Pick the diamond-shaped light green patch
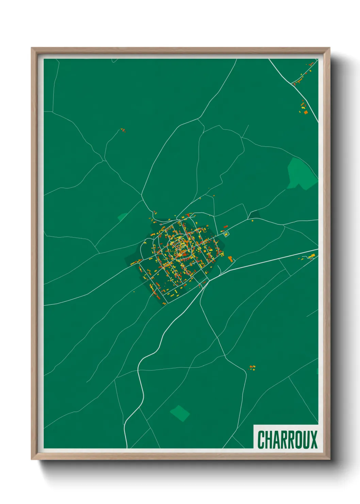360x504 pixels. pos(180,413)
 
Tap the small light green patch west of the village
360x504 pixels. pos(122,217)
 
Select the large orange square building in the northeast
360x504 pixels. pos(306,112)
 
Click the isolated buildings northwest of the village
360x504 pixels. pos(122,130)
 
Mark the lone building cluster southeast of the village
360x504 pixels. pos(252,367)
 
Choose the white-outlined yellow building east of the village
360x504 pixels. pos(226,234)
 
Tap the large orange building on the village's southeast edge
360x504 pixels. pos(231,259)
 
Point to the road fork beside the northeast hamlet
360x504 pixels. pos(293,83)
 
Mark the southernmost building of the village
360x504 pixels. pos(165,303)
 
